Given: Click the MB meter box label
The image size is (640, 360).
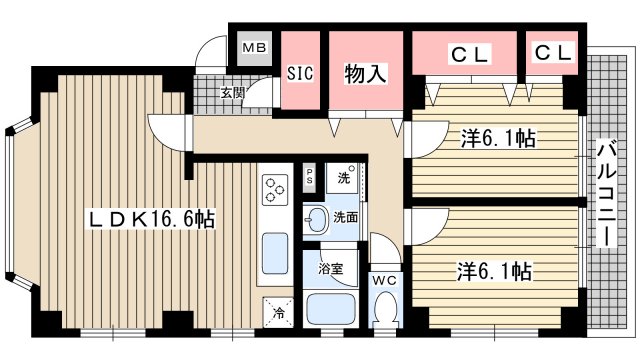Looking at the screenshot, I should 253,48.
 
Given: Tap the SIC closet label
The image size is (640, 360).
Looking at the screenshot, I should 301,73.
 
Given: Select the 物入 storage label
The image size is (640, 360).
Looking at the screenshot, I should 366,73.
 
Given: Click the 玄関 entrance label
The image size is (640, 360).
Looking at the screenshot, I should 233,93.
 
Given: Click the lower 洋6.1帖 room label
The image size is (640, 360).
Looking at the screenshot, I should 493,270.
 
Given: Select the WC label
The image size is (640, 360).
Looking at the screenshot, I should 385,280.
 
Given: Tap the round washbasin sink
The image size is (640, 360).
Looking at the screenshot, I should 316,218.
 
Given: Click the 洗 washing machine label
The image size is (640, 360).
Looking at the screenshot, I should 343,178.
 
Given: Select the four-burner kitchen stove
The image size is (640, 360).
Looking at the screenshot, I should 275,187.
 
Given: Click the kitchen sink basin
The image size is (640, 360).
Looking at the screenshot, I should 274,255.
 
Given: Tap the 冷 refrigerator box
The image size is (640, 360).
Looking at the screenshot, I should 279,311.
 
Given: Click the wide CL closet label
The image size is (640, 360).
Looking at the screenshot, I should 468,55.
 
